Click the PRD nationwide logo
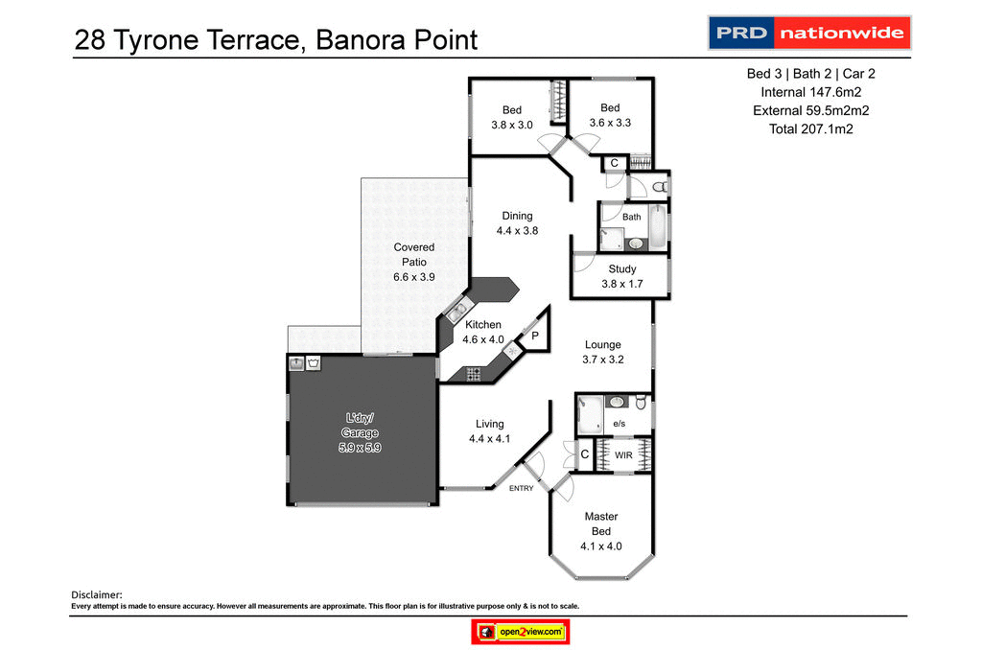(x=808, y=34)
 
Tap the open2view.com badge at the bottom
(x=521, y=632)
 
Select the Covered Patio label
(x=414, y=262)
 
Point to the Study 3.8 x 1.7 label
(x=621, y=276)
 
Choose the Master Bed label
(x=601, y=531)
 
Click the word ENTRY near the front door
(x=521, y=489)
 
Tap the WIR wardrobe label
(x=622, y=455)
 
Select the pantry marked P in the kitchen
(x=534, y=335)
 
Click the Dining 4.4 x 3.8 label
(x=517, y=222)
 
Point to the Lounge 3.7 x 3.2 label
(x=603, y=352)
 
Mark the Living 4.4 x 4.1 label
(x=489, y=431)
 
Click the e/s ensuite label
(x=619, y=423)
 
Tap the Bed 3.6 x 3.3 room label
(x=610, y=115)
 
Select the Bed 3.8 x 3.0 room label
(x=511, y=117)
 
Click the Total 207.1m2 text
(x=810, y=128)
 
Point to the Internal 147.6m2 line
(x=810, y=92)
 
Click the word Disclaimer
(x=98, y=594)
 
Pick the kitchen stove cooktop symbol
(x=472, y=373)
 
